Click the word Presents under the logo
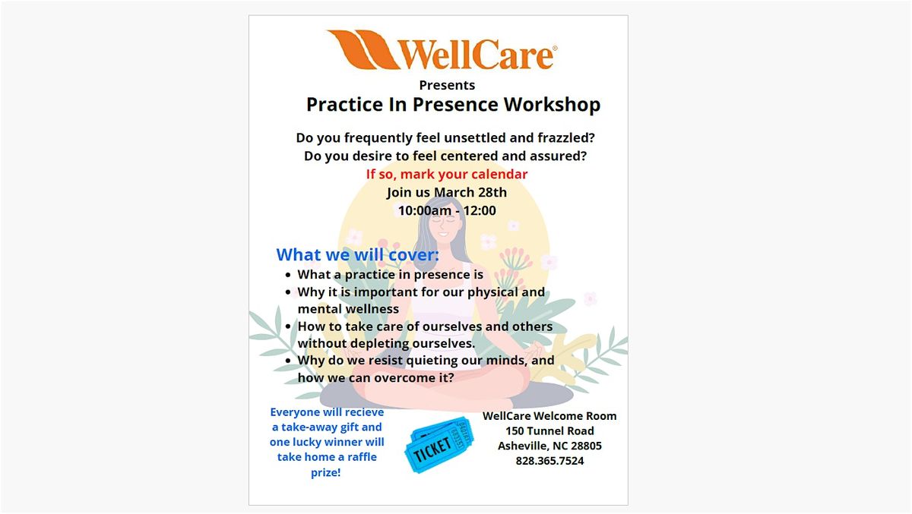point(447,85)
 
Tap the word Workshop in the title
point(552,105)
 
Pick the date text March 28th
point(470,192)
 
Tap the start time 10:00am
point(425,210)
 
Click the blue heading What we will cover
point(357,254)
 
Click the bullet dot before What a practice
point(288,276)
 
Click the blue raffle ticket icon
point(440,444)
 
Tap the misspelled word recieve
point(363,412)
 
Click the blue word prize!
point(326,472)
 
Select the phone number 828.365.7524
point(549,461)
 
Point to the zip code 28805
point(586,446)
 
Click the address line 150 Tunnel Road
point(549,430)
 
